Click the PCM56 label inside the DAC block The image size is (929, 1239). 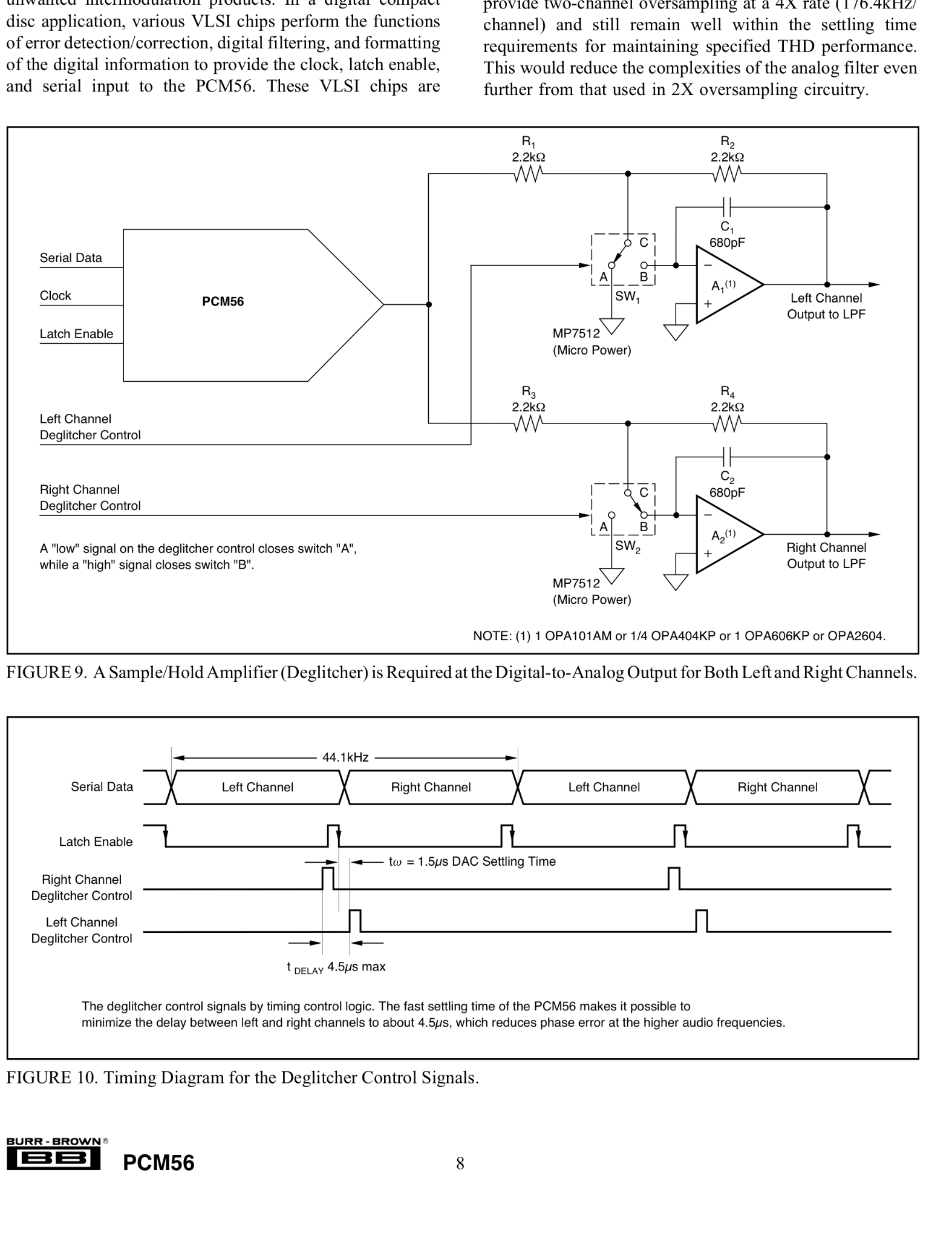tap(223, 301)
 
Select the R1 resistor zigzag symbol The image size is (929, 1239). tap(529, 174)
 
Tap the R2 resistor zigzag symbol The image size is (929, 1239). tap(727, 174)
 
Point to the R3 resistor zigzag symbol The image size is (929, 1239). tap(529, 424)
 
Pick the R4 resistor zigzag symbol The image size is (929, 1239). tap(727, 424)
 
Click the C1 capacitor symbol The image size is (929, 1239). tap(727, 207)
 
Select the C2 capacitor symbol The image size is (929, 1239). tap(727, 457)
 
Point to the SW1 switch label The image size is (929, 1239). tap(628, 297)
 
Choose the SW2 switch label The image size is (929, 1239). tap(628, 547)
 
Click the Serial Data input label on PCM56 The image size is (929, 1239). tap(71, 258)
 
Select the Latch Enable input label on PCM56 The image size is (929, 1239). tap(76, 334)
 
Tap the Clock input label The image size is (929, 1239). tap(55, 296)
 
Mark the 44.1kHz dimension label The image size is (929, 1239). tap(345, 757)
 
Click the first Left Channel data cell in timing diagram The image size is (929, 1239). tap(258, 787)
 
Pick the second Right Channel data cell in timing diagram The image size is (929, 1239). tap(778, 787)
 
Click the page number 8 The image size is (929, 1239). tap(460, 1163)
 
